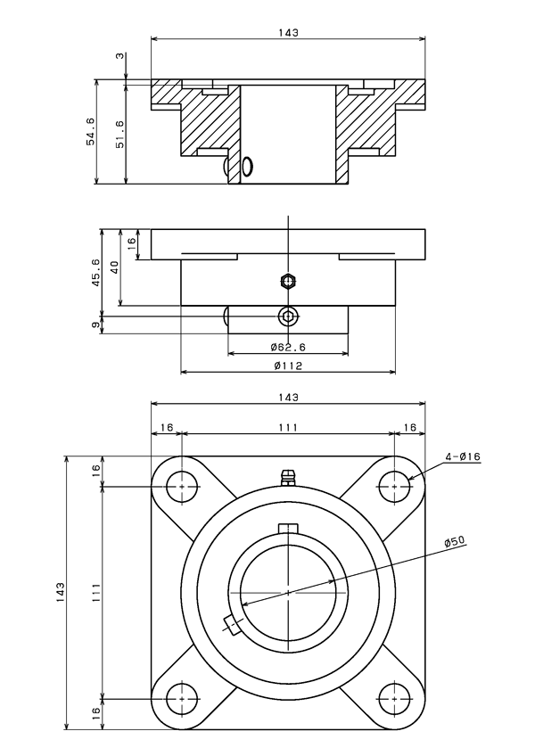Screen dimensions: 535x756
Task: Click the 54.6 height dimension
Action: [x=91, y=131]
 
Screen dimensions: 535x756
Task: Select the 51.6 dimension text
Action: [x=119, y=134]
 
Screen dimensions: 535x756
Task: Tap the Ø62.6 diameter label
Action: [x=288, y=347]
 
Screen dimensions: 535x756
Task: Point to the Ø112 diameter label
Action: [x=288, y=366]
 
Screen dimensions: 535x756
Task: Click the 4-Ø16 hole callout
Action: [x=463, y=456]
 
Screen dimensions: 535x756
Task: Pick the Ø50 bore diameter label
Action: [x=454, y=541]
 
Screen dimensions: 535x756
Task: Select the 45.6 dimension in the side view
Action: [x=96, y=273]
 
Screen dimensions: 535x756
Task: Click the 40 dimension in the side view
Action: [x=115, y=267]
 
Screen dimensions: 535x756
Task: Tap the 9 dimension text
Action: [x=96, y=325]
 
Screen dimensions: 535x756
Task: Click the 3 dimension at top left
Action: [x=119, y=55]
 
